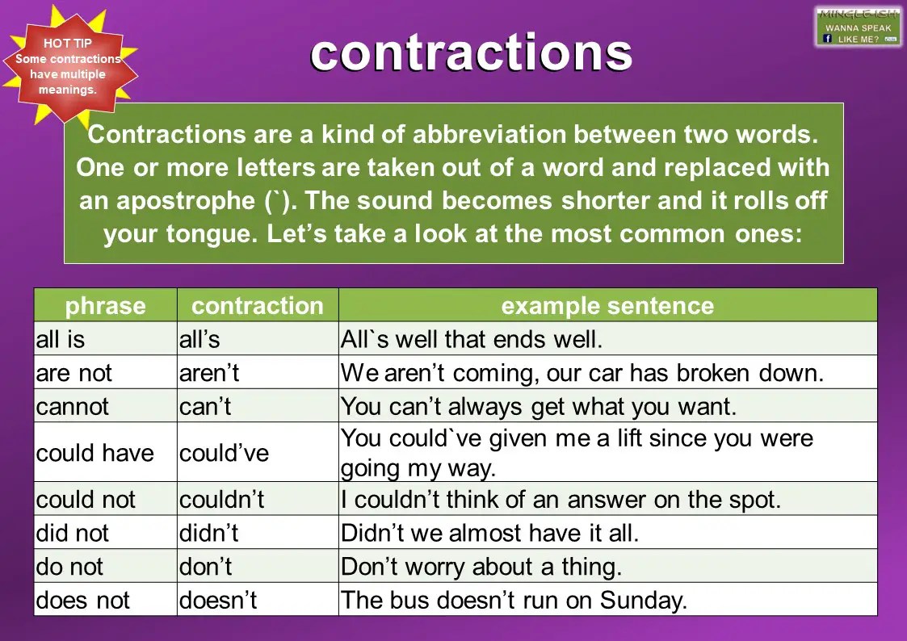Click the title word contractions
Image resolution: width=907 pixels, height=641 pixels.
tap(471, 53)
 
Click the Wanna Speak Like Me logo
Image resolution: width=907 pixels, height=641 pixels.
tap(857, 27)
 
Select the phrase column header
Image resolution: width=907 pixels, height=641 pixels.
tap(105, 306)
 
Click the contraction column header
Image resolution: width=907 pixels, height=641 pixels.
tap(257, 306)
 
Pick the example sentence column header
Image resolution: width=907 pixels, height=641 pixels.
tap(607, 306)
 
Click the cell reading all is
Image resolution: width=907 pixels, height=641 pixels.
tap(61, 340)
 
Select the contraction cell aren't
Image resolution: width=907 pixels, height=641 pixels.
tap(209, 373)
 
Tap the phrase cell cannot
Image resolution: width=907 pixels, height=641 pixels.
tap(73, 406)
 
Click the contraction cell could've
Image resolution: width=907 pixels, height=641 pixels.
tap(224, 453)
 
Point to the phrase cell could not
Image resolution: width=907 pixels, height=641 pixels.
tap(86, 500)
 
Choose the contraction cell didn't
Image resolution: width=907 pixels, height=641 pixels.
tap(209, 534)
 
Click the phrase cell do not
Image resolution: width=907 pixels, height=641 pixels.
tap(69, 567)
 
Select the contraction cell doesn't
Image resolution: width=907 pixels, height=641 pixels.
tap(218, 601)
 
